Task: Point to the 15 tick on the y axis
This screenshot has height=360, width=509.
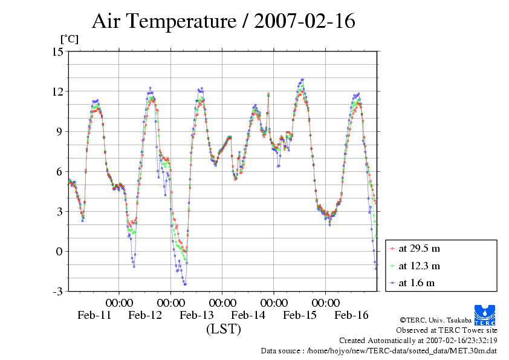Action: (57, 51)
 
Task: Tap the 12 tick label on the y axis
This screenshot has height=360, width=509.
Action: (57, 91)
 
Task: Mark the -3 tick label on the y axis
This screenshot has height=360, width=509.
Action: (57, 291)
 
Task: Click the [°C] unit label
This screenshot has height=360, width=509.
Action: (68, 39)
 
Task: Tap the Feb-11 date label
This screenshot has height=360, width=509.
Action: (94, 315)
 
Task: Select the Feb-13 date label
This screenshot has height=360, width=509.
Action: (197, 315)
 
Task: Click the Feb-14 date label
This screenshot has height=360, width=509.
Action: (248, 315)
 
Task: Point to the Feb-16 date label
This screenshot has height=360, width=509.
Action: (352, 315)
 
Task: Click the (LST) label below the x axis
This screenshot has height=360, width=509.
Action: (223, 330)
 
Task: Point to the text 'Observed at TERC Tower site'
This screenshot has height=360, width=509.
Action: (446, 330)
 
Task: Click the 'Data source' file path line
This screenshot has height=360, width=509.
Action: (378, 350)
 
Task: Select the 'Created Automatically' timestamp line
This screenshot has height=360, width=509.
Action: (418, 340)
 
